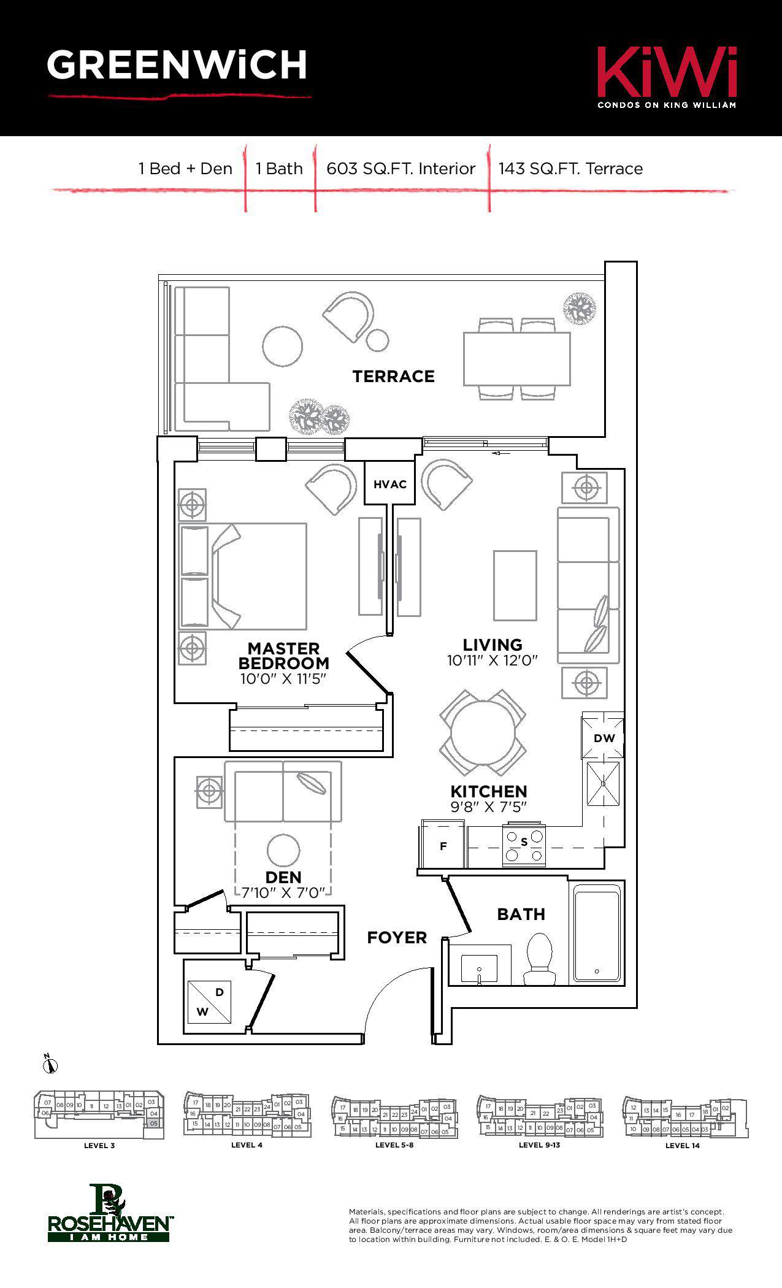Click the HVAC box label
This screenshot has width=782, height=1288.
[389, 484]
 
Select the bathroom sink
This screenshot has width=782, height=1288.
[480, 968]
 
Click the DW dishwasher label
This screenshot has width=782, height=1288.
[604, 738]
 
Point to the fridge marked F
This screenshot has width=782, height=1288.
[443, 846]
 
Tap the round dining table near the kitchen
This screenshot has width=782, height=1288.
[483, 732]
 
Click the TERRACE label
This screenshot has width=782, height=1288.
[393, 376]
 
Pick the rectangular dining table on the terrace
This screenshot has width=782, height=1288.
[516, 359]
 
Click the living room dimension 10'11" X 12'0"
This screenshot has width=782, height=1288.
[492, 661]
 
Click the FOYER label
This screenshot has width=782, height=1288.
[397, 937]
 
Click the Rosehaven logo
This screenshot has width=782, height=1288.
[109, 1214]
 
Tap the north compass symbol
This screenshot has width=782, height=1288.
[50, 1065]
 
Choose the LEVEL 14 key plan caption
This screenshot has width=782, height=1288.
[682, 1145]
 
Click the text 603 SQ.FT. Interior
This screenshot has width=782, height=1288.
[401, 169]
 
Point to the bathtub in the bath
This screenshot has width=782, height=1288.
[596, 932]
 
